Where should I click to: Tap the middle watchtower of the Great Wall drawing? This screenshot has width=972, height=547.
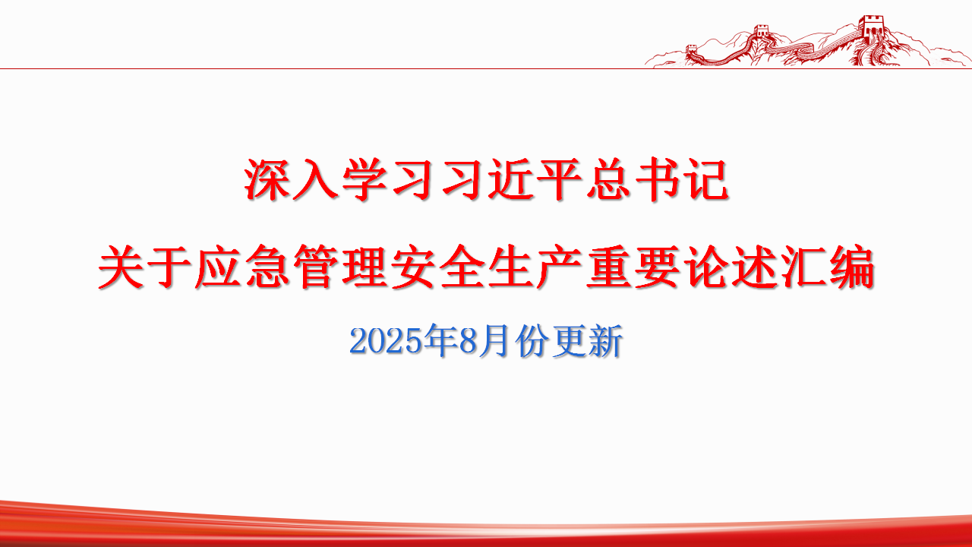tap(761, 35)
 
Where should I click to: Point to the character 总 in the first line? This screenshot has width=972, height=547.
tap(608, 180)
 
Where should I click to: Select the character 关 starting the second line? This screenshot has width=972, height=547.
tap(121, 267)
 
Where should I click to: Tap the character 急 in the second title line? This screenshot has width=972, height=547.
tap(267, 267)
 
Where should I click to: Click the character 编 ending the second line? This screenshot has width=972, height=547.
tap(850, 267)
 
